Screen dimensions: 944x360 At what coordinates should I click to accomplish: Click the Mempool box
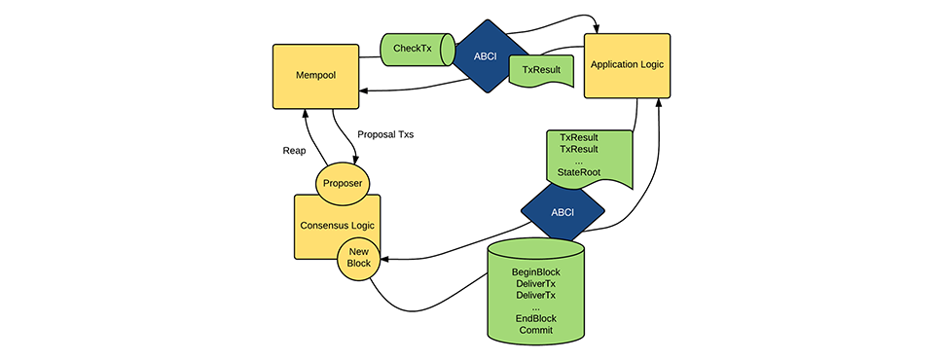point(315,77)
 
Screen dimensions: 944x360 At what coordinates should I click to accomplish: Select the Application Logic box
point(627,65)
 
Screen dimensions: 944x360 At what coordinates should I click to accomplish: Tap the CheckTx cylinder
point(418,50)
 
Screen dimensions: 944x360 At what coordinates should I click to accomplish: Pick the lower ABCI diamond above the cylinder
point(563,212)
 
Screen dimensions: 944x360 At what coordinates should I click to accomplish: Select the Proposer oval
point(342,184)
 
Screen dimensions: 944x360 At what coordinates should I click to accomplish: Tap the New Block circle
point(358,259)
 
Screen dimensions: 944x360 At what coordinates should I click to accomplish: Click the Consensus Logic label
point(337,226)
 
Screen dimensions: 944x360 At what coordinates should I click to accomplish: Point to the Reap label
point(295,151)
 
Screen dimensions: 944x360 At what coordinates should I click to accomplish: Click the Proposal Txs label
point(385,134)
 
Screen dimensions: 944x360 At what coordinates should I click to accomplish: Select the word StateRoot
point(578,172)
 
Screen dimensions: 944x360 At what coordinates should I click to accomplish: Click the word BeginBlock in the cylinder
point(536,272)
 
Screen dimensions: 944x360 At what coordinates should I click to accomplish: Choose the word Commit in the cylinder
point(536,331)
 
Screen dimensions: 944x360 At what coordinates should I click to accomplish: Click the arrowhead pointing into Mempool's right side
point(364,90)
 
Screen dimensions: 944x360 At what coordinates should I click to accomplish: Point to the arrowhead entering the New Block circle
point(384,259)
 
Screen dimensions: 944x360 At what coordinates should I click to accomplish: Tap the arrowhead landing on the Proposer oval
point(355,162)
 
